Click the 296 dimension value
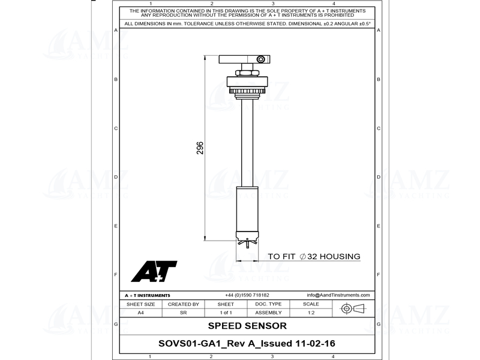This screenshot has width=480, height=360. coord(200,148)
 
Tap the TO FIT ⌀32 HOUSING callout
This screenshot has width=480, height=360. coord(314,257)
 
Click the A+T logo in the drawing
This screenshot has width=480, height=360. coord(154,272)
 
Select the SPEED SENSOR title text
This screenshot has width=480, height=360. coord(247,326)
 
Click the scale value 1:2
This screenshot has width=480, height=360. coord(311,313)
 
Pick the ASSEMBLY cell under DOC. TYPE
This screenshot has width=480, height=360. coord(268,313)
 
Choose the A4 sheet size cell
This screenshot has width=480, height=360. coord(140,313)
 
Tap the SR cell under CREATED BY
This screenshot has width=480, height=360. coord(183,313)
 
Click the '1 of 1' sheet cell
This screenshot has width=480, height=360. coord(226,313)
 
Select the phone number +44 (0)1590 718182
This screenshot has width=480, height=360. coord(247,295)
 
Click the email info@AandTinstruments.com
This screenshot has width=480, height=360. coord(338,295)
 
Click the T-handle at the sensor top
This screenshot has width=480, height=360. coord(245,59)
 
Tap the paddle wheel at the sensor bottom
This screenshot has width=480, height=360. coord(247,242)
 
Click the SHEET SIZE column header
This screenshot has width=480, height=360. coord(140,304)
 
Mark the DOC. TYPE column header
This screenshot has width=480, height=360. coord(268,304)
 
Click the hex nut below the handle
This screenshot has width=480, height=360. coord(247,73)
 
